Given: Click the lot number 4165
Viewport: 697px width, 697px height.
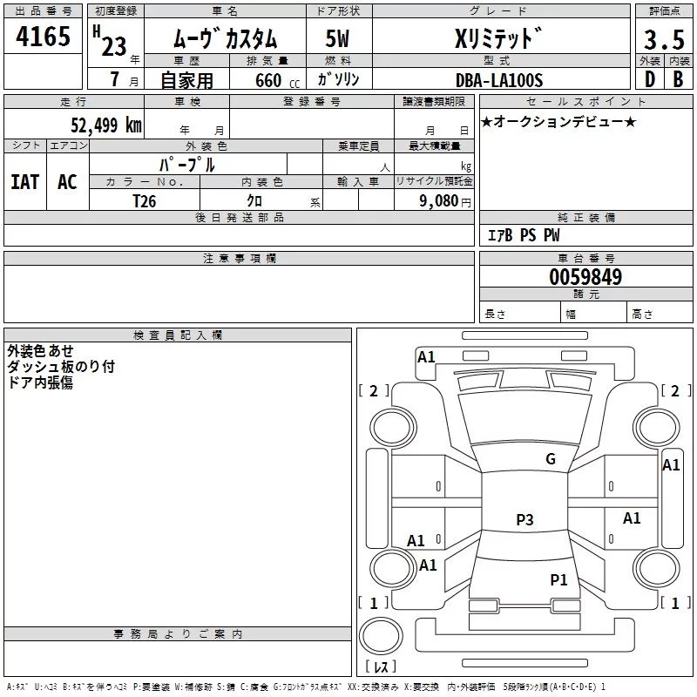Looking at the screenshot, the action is click(44, 37).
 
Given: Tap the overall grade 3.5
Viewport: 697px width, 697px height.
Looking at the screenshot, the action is click(662, 39).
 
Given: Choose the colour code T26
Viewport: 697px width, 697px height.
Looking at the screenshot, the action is click(145, 200).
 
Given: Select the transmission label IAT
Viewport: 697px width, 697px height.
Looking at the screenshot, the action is click(24, 181).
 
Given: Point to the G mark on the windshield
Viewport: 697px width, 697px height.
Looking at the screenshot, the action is click(550, 459).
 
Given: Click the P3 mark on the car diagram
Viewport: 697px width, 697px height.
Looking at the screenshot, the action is click(524, 520).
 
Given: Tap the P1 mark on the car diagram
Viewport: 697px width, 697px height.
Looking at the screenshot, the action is click(558, 579).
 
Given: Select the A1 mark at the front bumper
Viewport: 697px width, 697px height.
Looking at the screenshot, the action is click(426, 356).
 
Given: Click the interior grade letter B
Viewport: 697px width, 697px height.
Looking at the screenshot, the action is click(678, 78).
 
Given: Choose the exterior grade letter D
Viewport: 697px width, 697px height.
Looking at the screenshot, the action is click(649, 78).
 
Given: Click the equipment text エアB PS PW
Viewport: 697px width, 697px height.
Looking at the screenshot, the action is click(523, 235).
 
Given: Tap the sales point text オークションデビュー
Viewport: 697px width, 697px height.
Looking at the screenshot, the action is click(558, 122).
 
